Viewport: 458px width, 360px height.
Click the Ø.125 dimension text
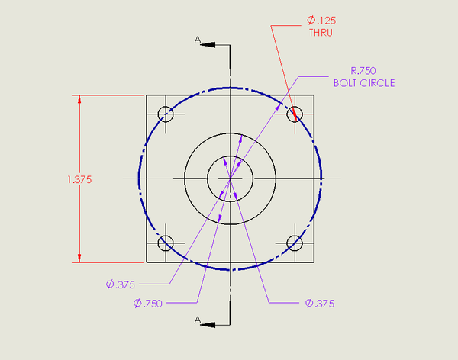coord(320,21)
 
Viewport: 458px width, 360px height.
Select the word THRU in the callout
coord(320,34)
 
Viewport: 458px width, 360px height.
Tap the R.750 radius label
coord(363,71)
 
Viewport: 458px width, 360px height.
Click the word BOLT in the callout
coord(347,82)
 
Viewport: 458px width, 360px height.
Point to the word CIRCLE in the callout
coord(378,82)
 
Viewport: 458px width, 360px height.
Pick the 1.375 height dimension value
coord(79,180)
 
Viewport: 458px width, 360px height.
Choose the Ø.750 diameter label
coord(149,303)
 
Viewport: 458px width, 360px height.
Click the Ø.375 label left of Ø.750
coord(121,284)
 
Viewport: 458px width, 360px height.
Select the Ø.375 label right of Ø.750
coord(320,303)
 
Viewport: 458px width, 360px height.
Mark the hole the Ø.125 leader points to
coord(295,114)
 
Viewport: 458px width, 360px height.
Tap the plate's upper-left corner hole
coord(166,114)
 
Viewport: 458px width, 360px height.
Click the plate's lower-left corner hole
coord(166,243)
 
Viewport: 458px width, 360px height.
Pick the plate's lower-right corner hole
coord(295,243)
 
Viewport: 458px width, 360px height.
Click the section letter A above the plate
coord(197,39)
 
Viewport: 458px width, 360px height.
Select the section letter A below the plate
coord(197,320)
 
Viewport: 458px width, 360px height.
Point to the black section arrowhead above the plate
coord(208,45)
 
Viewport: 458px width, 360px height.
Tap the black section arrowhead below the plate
coord(208,323)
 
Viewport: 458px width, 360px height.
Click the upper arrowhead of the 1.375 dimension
coord(79,100)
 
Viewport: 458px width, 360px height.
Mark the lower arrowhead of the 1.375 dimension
coord(79,259)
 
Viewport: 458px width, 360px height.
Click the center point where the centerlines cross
coord(230,178)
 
